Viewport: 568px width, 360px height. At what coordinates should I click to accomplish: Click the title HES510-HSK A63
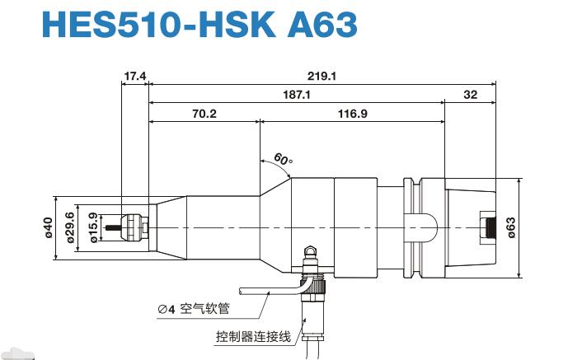click(x=199, y=26)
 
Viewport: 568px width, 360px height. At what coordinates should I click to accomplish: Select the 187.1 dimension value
click(x=296, y=96)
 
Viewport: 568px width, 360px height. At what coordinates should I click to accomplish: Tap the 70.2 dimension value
click(x=204, y=115)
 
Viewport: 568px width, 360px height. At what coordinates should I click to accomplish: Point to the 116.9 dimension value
click(x=352, y=115)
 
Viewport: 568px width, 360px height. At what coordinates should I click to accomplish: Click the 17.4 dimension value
click(x=134, y=76)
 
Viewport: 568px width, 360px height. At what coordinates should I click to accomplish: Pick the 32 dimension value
click(x=470, y=96)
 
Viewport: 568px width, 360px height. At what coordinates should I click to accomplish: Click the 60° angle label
click(x=283, y=159)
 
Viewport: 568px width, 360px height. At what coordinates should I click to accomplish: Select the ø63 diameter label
click(x=512, y=227)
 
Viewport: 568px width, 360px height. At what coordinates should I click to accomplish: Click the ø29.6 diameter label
click(x=71, y=227)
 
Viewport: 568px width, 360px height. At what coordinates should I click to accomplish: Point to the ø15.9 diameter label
click(x=93, y=227)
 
